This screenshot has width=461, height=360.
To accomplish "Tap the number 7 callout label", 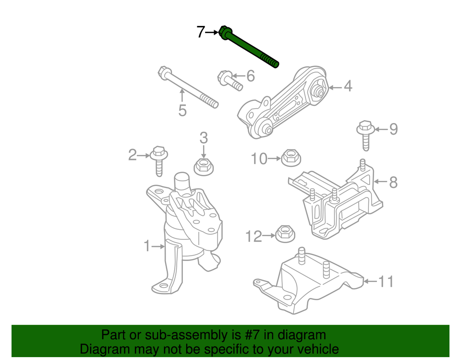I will click(x=201, y=32).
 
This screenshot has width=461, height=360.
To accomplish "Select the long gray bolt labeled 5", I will click(x=187, y=87).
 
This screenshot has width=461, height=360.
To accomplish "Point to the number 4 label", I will click(x=348, y=87).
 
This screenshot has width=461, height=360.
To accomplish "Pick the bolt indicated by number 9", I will click(x=365, y=135).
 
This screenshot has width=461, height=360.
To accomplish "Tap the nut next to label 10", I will click(x=290, y=157).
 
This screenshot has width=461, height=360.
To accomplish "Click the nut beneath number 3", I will click(x=203, y=166).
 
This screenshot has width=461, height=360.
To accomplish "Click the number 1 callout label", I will click(x=147, y=247).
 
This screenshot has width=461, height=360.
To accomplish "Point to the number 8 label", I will click(x=393, y=182).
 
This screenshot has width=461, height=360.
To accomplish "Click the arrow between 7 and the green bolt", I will click(x=212, y=32).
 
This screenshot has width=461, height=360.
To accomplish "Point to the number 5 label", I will click(x=182, y=111).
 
